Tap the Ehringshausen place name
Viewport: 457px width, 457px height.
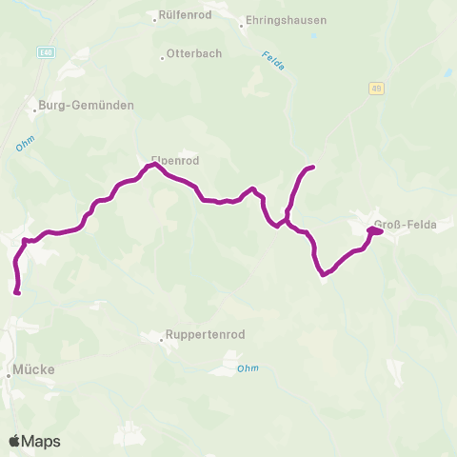[x=287, y=20]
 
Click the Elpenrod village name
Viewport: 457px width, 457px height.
[x=173, y=160]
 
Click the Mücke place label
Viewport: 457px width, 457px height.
[x=34, y=368]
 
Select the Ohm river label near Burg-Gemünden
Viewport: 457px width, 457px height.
[x=25, y=145]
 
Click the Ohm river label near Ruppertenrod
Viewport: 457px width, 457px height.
[x=248, y=368]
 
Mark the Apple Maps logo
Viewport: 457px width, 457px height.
[x=34, y=441]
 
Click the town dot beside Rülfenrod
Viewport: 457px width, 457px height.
[x=156, y=17]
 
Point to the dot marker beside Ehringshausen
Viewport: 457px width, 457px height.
[x=243, y=26]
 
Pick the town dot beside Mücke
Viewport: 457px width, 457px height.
[x=10, y=375]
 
